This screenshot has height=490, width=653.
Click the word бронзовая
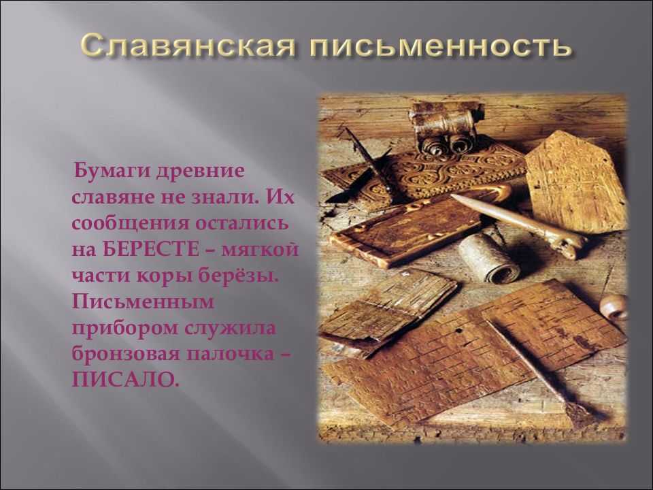[x=127, y=353]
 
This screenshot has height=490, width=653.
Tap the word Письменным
[x=144, y=301]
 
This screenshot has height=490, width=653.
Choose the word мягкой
[x=261, y=249]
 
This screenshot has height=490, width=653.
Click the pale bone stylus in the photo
[x=518, y=225]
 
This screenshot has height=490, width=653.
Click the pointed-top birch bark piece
[x=576, y=180]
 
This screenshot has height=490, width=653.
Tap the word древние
[x=200, y=172]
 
